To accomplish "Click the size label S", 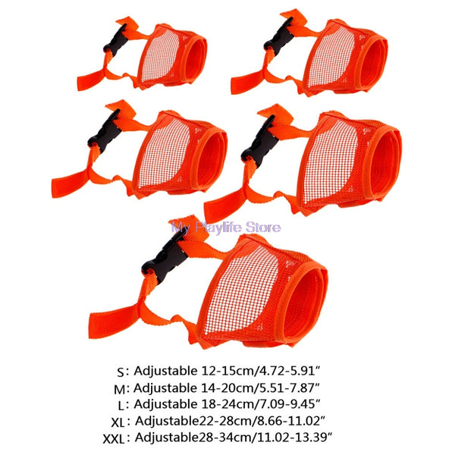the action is pyautogui.click(x=121, y=372).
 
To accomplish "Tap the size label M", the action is pyautogui.click(x=120, y=390).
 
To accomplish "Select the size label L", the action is pyautogui.click(x=121, y=406).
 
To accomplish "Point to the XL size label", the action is pyautogui.click(x=118, y=423).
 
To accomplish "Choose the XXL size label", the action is pyautogui.click(x=114, y=439).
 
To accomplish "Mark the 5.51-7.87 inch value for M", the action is pyautogui.click(x=285, y=388).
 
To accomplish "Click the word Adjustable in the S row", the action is pyautogui.click(x=165, y=371).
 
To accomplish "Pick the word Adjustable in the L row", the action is pyautogui.click(x=165, y=404).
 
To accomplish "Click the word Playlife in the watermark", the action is pyautogui.click(x=218, y=227).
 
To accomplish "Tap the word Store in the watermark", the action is pyautogui.click(x=263, y=227).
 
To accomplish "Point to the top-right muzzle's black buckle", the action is pyautogui.click(x=279, y=33).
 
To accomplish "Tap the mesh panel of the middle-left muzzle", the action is pyautogui.click(x=164, y=154).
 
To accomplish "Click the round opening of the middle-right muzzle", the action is pyautogui.click(x=384, y=164).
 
